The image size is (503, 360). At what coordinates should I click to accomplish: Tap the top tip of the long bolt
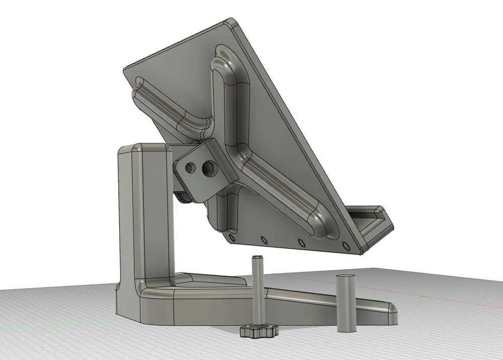click(257, 258)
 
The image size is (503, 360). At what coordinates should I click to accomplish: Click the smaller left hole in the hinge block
click(190, 166)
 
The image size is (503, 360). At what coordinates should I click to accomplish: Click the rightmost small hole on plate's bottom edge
click(345, 246)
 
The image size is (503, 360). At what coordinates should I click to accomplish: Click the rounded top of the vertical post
click(144, 148)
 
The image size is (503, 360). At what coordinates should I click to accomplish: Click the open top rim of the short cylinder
click(346, 278)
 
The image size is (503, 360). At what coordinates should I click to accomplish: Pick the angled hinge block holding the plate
click(204, 168)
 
